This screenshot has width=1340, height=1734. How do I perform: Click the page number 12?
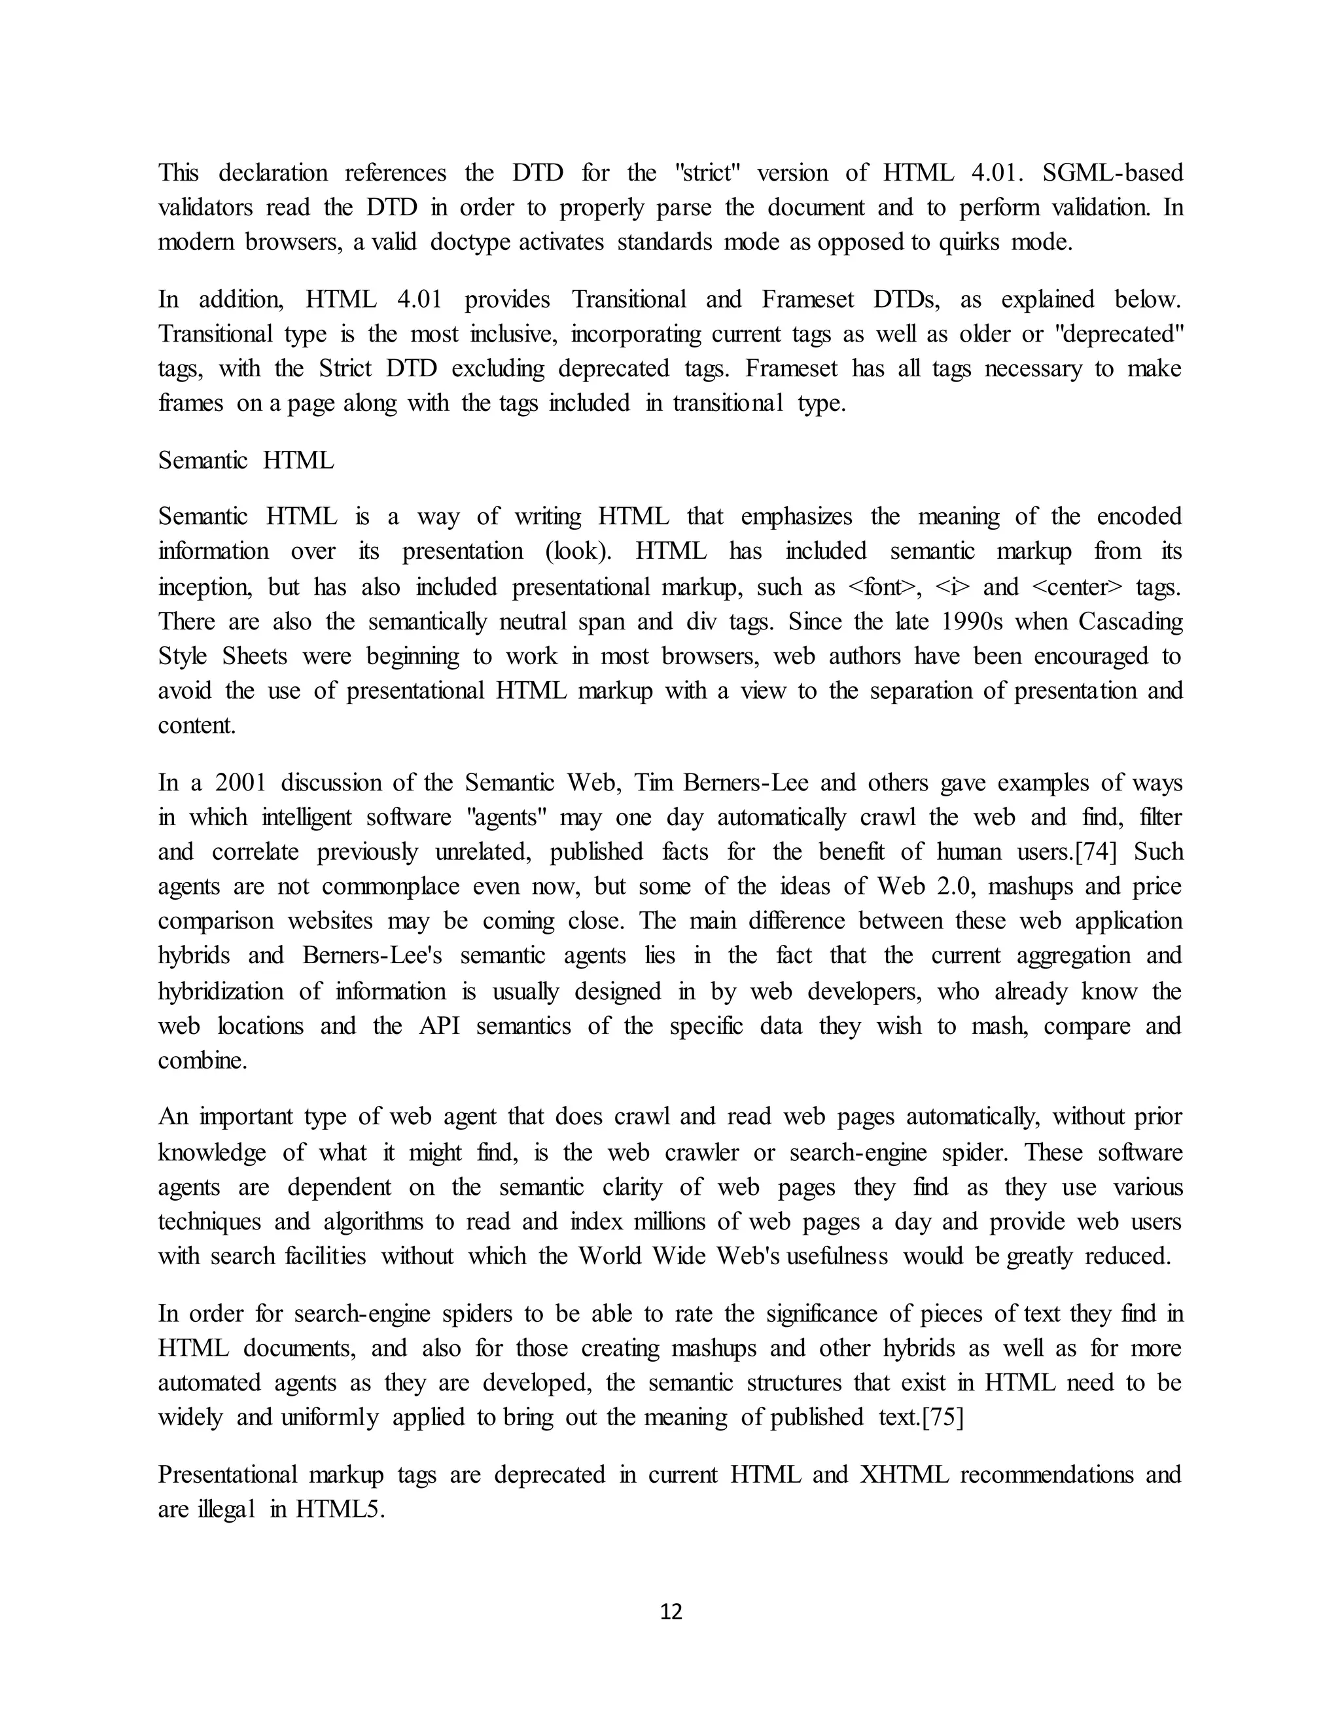coord(671,1612)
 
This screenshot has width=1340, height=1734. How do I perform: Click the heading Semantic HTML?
coord(245,461)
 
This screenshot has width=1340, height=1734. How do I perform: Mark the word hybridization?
coord(220,991)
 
